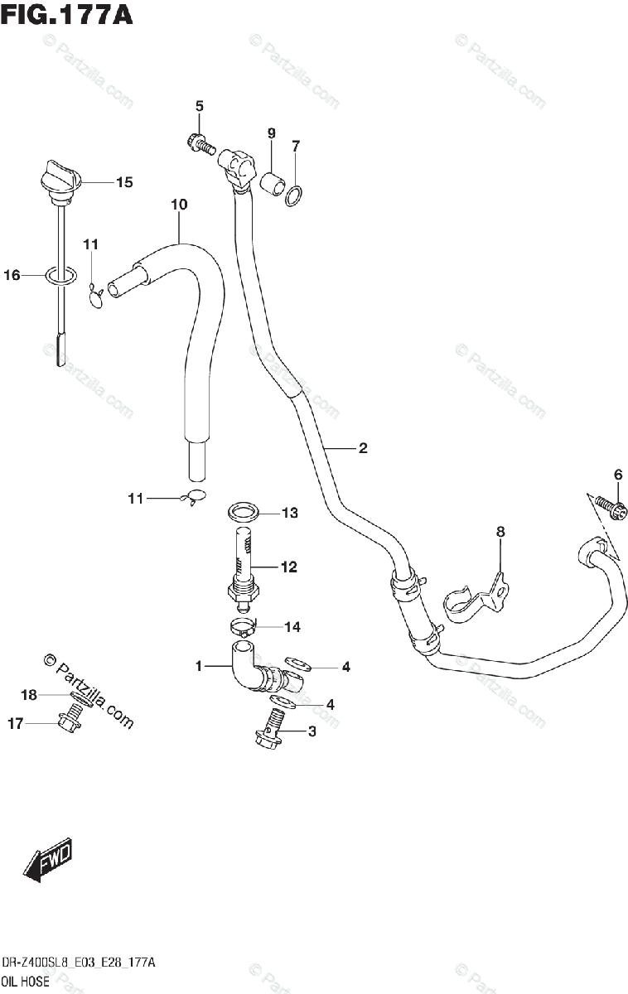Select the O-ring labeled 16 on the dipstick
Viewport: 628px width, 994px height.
tap(60, 276)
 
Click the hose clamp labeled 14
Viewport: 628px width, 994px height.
tap(243, 628)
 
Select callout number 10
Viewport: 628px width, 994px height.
tap(180, 204)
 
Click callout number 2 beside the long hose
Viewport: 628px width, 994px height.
tap(362, 449)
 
